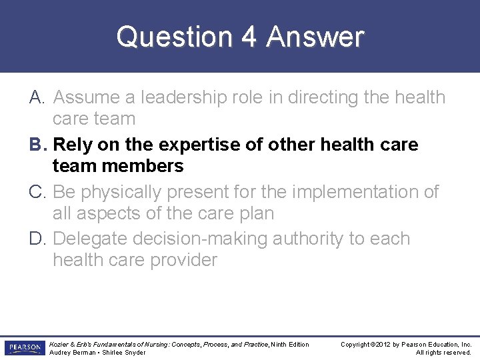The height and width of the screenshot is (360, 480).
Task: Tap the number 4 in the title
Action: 249,37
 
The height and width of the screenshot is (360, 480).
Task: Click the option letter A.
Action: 37,97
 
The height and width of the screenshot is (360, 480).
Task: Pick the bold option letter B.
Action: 37,145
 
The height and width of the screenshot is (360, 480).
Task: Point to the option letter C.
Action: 38,192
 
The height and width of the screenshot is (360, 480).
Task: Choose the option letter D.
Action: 38,239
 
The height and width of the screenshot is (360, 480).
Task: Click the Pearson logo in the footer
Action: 23,348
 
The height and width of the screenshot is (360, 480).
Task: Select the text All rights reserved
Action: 443,353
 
